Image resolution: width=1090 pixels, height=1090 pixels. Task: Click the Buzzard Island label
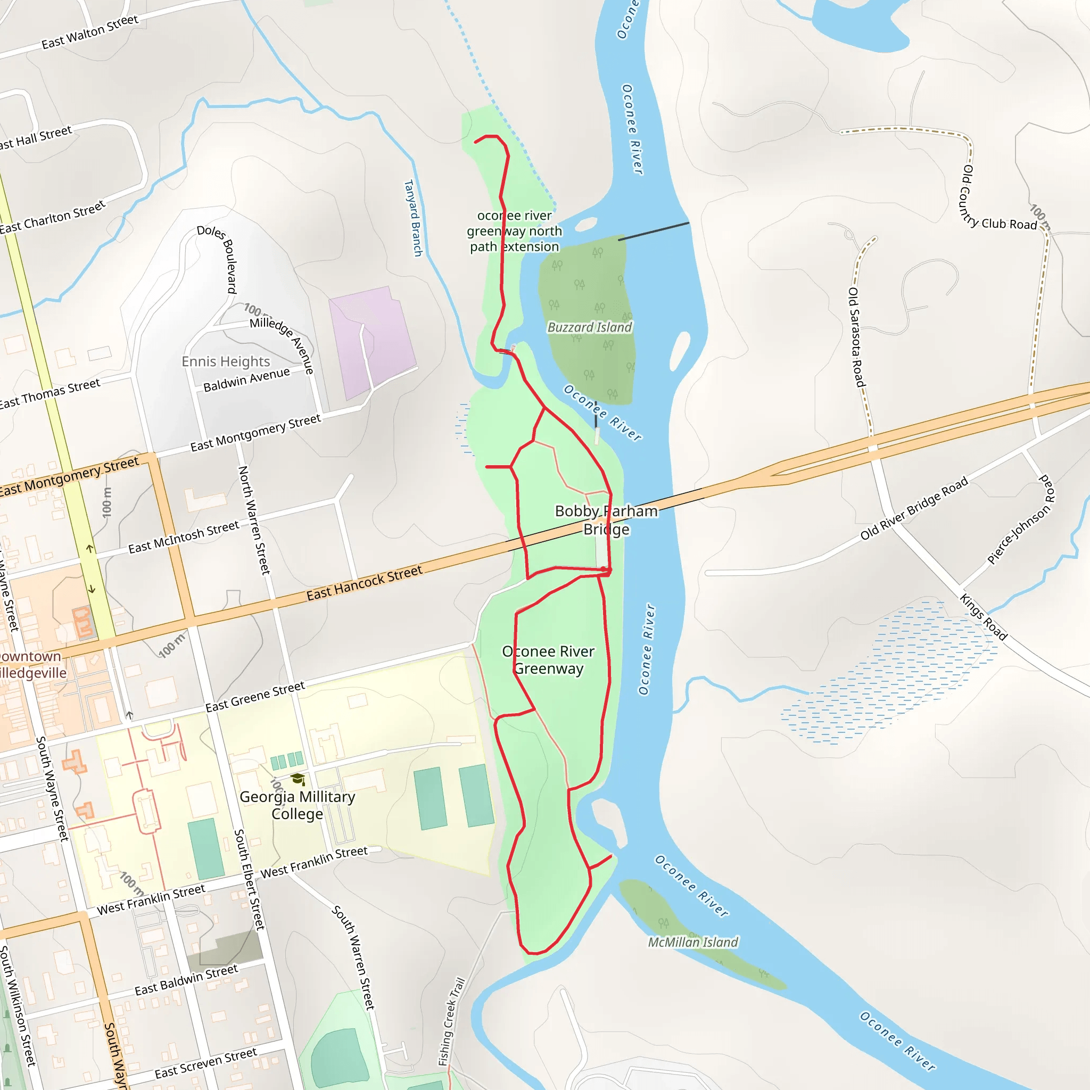tap(590, 327)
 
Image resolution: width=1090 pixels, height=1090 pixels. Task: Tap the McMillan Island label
tap(692, 942)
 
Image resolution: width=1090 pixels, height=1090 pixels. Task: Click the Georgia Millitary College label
tap(298, 805)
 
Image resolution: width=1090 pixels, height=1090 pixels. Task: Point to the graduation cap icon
tap(298, 780)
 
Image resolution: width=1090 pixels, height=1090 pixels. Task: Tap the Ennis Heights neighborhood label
tap(226, 361)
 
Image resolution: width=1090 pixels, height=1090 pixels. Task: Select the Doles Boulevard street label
tap(217, 258)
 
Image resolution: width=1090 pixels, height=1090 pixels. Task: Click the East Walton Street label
tap(90, 31)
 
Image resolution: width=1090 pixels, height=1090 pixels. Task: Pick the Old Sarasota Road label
tap(856, 337)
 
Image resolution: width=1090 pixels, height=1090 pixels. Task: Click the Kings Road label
tap(984, 617)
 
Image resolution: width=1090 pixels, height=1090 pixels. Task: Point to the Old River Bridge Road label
tap(913, 508)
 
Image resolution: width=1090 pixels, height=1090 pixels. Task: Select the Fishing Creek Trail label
tap(451, 1022)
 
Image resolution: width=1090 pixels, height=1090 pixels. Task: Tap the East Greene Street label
tap(254, 697)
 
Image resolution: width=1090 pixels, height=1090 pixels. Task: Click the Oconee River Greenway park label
tap(548, 659)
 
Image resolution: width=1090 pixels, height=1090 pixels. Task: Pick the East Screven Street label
tap(205, 1062)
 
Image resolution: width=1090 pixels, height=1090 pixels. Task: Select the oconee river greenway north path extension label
tap(514, 231)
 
